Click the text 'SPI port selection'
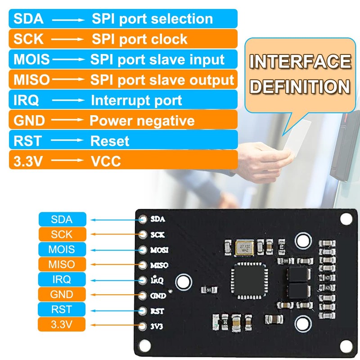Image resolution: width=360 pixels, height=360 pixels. pyautogui.click(x=152, y=19)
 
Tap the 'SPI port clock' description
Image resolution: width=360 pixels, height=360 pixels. pyautogui.click(x=139, y=39)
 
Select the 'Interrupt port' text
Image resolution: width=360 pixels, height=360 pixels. pyautogui.click(x=136, y=100)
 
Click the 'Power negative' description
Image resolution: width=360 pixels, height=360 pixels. pyautogui.click(x=142, y=121)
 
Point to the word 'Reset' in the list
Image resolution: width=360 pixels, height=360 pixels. pyautogui.click(x=110, y=141)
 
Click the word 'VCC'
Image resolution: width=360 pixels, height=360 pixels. pyautogui.click(x=106, y=161)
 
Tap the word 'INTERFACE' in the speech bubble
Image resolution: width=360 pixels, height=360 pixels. pyautogui.click(x=300, y=62)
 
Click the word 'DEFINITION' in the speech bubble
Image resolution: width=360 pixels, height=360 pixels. pyautogui.click(x=300, y=86)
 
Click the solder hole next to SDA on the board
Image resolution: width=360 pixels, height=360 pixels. pyautogui.click(x=144, y=220)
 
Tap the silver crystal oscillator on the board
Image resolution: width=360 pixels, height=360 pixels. pyautogui.click(x=245, y=248)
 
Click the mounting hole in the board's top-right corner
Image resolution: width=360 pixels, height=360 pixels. pyautogui.click(x=346, y=219)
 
